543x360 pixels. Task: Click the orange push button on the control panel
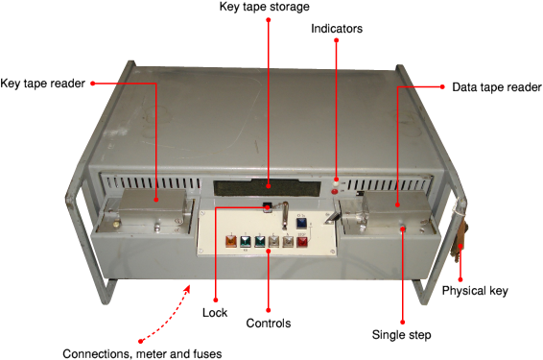pos(230,241)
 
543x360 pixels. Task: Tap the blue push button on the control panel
pos(301,223)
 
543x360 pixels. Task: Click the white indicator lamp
pos(336,184)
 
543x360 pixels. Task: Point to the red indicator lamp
pos(335,192)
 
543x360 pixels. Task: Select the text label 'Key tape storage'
pos(265,7)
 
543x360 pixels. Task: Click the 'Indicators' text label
pos(337,29)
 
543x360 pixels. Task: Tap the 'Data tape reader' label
pos(497,87)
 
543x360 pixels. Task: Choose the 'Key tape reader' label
pos(42,84)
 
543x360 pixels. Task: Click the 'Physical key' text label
pos(475,291)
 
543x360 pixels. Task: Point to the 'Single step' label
pos(401,335)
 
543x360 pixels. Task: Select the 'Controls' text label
pos(269,324)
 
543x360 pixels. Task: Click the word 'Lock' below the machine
pos(215,313)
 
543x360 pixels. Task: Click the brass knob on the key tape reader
pos(115,226)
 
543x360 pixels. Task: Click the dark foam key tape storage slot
pos(266,188)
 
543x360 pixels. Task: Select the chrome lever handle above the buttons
pos(285,215)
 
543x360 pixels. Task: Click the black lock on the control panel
pos(267,207)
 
